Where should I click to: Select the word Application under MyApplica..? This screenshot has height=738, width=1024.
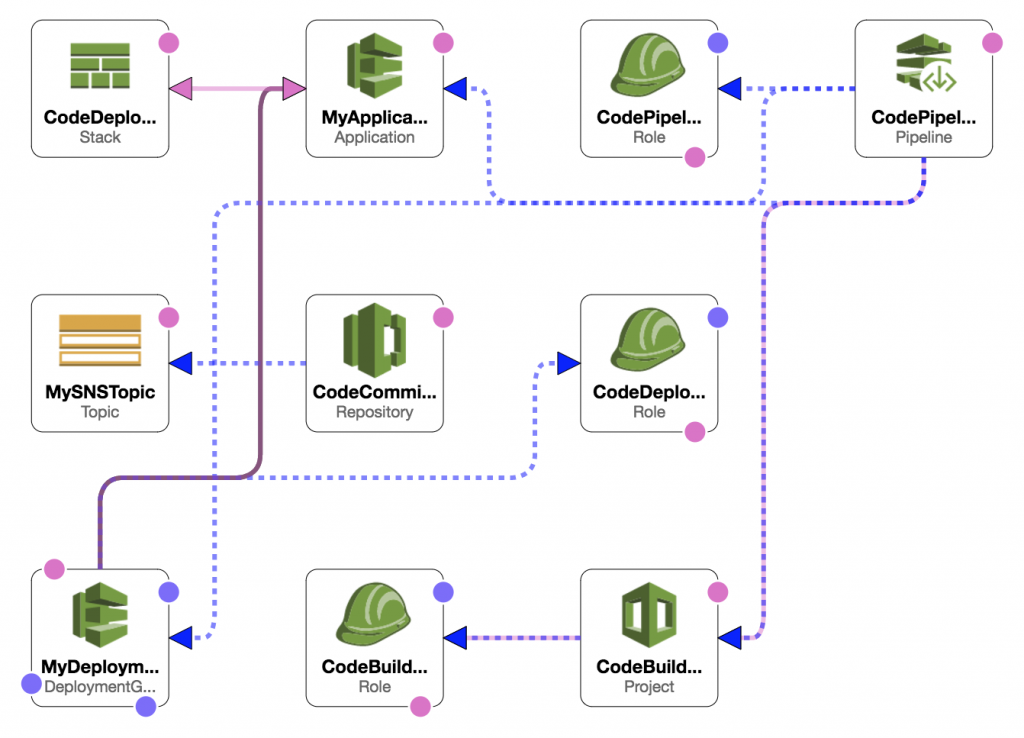tap(374, 137)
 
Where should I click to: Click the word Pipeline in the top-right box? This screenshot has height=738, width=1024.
tap(924, 137)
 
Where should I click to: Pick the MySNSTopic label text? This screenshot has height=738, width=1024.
tap(100, 392)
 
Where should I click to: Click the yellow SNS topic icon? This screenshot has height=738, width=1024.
tap(100, 341)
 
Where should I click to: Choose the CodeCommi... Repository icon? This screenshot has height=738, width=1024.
tap(374, 340)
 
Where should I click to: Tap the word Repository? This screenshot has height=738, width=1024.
tap(374, 412)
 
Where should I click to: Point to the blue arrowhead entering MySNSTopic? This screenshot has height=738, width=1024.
tap(181, 363)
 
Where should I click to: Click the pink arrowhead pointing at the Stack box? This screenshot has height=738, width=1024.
tap(181, 90)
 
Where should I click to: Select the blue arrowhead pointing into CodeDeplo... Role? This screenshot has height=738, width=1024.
tap(568, 363)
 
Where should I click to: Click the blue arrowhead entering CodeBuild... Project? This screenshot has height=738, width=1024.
tap(730, 637)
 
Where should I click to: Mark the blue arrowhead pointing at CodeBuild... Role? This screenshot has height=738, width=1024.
tap(456, 637)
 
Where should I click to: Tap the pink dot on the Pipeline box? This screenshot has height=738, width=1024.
tap(992, 43)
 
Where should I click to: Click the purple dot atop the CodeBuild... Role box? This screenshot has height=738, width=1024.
tap(443, 592)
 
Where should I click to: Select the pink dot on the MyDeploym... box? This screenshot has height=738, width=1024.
tap(54, 569)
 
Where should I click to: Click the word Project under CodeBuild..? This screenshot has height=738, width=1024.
tap(649, 686)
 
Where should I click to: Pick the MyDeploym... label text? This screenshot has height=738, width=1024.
tap(100, 667)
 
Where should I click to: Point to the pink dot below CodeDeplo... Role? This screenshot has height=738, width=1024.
tap(694, 431)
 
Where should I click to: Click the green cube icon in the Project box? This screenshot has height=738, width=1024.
tap(649, 615)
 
